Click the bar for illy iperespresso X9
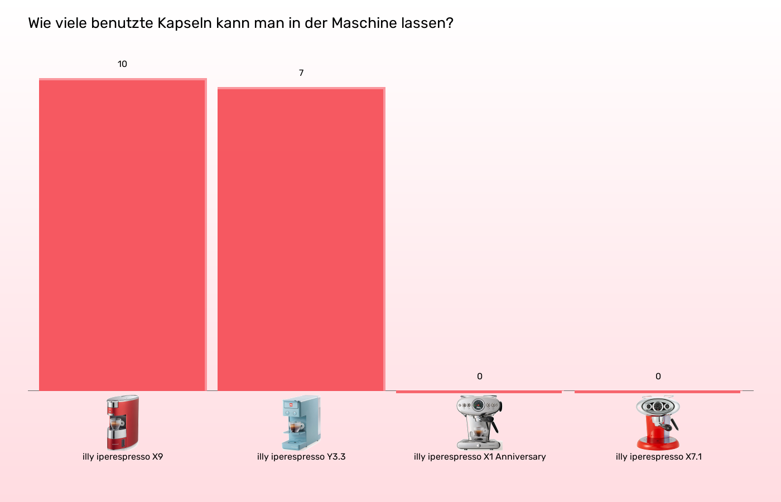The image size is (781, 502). pos(123,234)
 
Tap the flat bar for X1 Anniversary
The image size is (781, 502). pos(479,392)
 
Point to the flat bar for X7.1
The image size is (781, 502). pos(657,392)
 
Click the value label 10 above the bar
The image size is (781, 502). pos(122,64)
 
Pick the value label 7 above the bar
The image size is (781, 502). pos(301,73)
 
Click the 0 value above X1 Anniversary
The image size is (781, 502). pos(480,376)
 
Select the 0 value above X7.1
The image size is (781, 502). pos(658,376)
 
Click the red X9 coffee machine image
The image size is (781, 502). pos(123,422)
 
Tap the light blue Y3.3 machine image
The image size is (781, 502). pos(301,422)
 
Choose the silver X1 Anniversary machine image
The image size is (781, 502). pos(479,422)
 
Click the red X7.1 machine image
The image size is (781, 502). pos(658,422)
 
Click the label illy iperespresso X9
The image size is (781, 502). pos(123,457)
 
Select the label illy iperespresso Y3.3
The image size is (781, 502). pos(301,457)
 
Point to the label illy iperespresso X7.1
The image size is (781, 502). pos(659,457)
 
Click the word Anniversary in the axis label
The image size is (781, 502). pos(520,457)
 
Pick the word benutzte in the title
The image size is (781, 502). pos(122,23)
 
